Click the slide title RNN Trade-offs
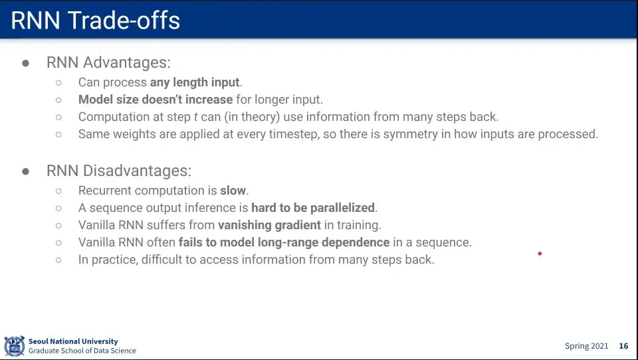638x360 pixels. [x=95, y=21]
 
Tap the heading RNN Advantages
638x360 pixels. [x=108, y=62]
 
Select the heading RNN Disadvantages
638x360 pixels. [x=119, y=171]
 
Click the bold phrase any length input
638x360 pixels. [x=195, y=82]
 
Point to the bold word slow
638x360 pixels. [x=233, y=191]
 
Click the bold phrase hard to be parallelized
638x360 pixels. [x=313, y=208]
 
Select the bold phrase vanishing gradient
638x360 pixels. [x=269, y=225]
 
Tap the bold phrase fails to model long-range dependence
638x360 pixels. [x=284, y=242]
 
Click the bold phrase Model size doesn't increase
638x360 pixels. [x=156, y=100]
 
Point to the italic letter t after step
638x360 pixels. [x=195, y=117]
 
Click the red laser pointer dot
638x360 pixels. [x=540, y=254]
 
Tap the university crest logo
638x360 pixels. [x=14, y=346]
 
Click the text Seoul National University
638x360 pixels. [x=73, y=341]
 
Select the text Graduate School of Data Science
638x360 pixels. [x=82, y=351]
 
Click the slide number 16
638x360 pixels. [x=623, y=346]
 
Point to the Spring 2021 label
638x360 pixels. [x=586, y=346]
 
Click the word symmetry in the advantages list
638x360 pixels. [x=411, y=134]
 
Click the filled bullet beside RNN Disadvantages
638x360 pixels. [x=26, y=171]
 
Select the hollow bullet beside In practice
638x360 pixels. [x=58, y=260]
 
